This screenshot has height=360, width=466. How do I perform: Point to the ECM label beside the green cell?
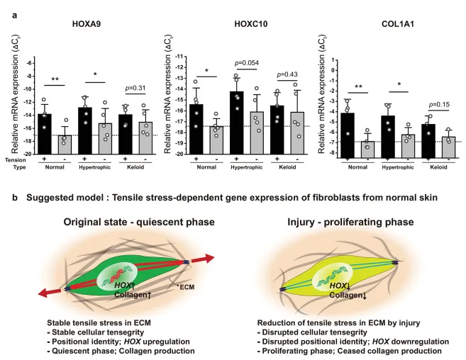[187, 288]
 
